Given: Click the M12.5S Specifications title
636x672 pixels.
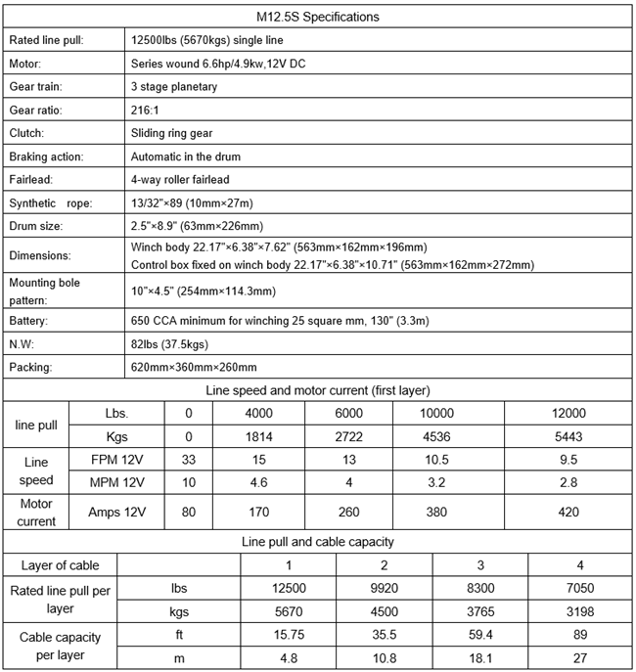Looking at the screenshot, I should tap(318, 17).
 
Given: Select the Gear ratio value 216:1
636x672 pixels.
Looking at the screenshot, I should tap(147, 111).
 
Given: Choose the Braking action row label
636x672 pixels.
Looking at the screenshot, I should tap(46, 157).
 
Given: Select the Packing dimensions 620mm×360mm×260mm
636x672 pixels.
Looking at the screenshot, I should tap(194, 368).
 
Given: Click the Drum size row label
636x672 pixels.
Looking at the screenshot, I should tap(36, 226).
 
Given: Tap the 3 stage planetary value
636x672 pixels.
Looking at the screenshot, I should tap(174, 87).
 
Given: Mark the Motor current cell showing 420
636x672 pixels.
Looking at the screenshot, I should tap(568, 512).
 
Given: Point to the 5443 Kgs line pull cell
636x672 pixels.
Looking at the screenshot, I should tap(568, 435).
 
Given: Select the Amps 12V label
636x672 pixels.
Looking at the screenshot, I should tap(116, 512).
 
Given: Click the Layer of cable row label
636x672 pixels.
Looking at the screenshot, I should tap(61, 564).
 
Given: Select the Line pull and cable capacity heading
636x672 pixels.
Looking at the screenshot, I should tap(318, 541).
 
